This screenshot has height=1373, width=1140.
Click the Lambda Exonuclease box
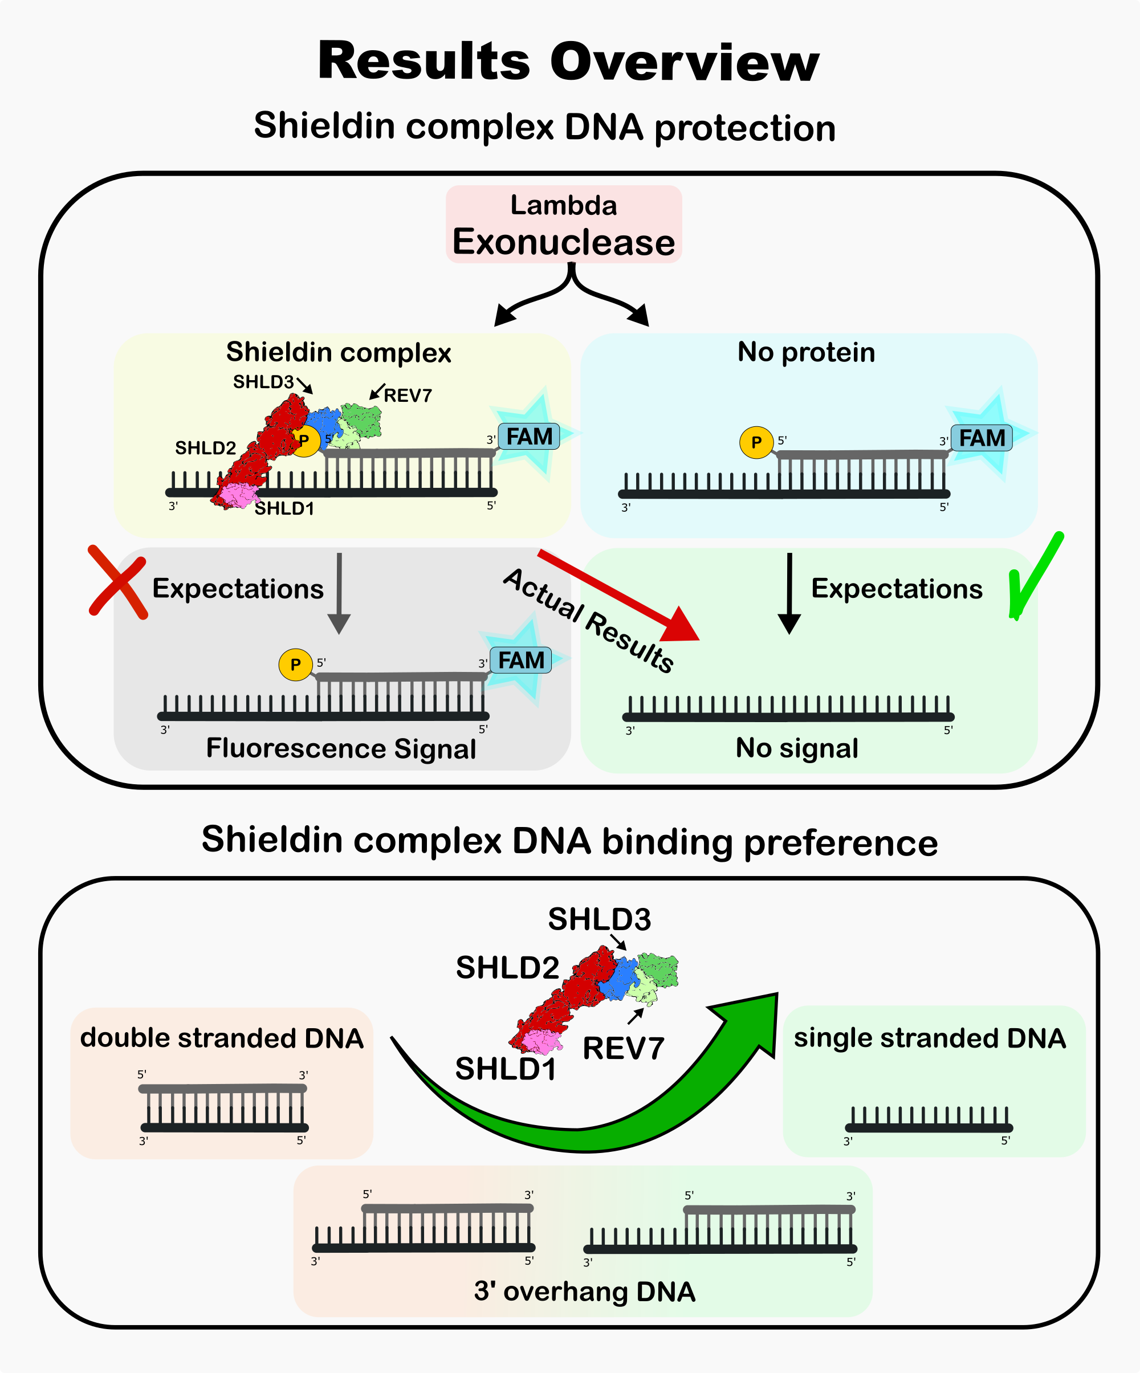(563, 224)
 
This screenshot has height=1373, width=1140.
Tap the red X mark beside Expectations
(118, 581)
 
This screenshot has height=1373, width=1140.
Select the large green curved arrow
(589, 1105)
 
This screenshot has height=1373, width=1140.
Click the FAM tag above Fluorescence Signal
(520, 661)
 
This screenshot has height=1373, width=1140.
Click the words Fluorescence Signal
(341, 748)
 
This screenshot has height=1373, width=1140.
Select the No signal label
(797, 748)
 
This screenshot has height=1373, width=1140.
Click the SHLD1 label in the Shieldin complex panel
(284, 508)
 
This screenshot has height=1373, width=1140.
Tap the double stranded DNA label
(222, 1038)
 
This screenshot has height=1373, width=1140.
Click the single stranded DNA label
(930, 1038)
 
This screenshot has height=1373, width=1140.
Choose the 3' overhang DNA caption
(584, 1291)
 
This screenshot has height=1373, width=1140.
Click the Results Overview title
(568, 62)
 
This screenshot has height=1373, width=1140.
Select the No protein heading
(806, 352)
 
